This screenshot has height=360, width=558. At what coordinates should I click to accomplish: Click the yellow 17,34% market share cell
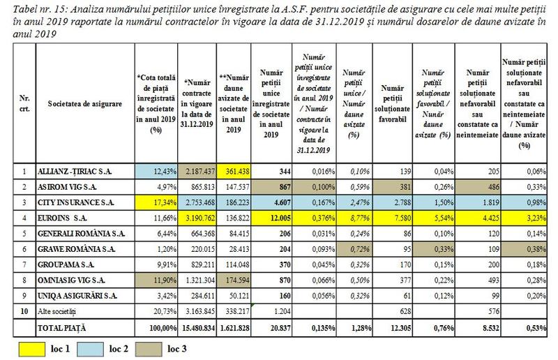coord(158,202)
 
